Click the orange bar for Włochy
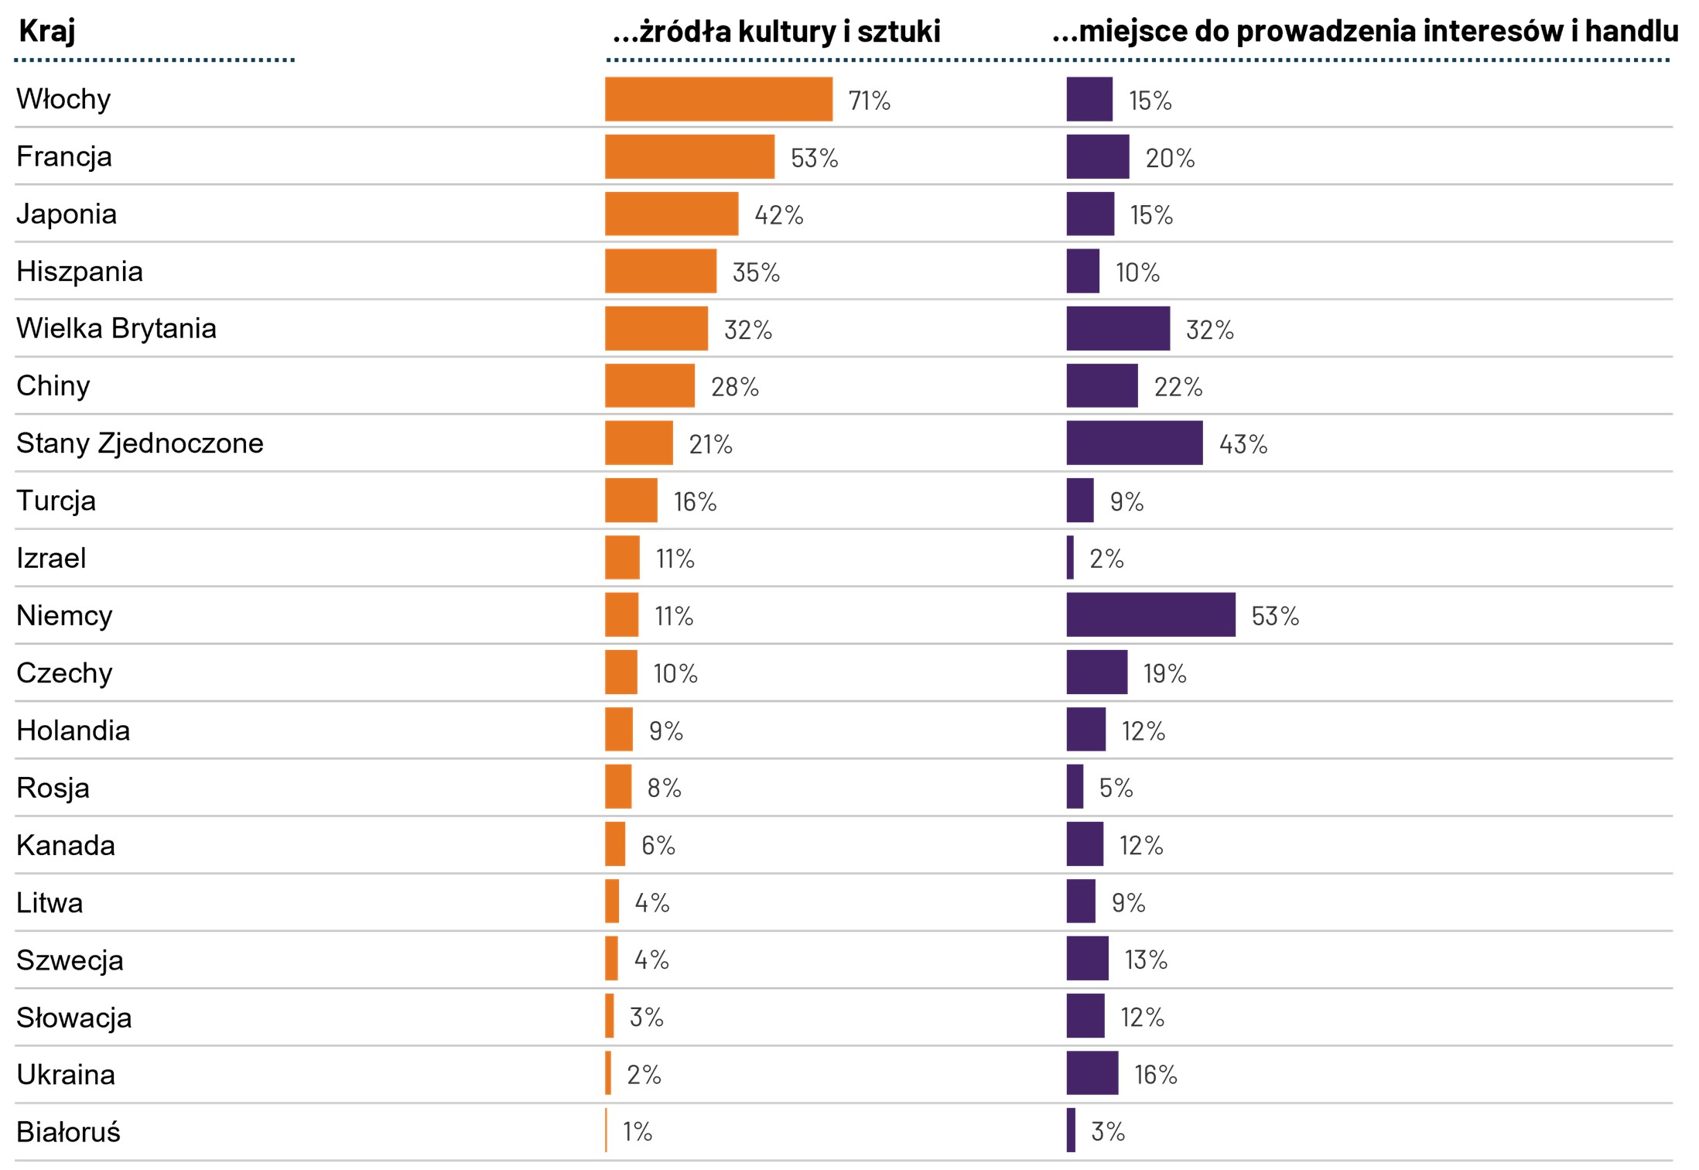click(x=718, y=99)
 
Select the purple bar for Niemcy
click(x=1150, y=615)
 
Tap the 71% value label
click(x=869, y=101)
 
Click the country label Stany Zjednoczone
click(x=140, y=443)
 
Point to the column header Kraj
click(x=47, y=31)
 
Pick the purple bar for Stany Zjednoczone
click(x=1134, y=443)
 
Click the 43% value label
click(x=1243, y=444)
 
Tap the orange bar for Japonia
click(x=672, y=214)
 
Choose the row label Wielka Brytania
click(x=116, y=328)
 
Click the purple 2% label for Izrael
click(x=1106, y=559)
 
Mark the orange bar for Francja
click(x=689, y=157)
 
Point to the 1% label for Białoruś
click(x=638, y=1132)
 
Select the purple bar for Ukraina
click(x=1092, y=1073)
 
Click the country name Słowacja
click(x=74, y=1018)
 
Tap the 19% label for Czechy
click(x=1164, y=673)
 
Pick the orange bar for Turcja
click(x=631, y=501)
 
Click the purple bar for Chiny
click(x=1102, y=386)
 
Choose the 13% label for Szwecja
click(x=1145, y=960)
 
